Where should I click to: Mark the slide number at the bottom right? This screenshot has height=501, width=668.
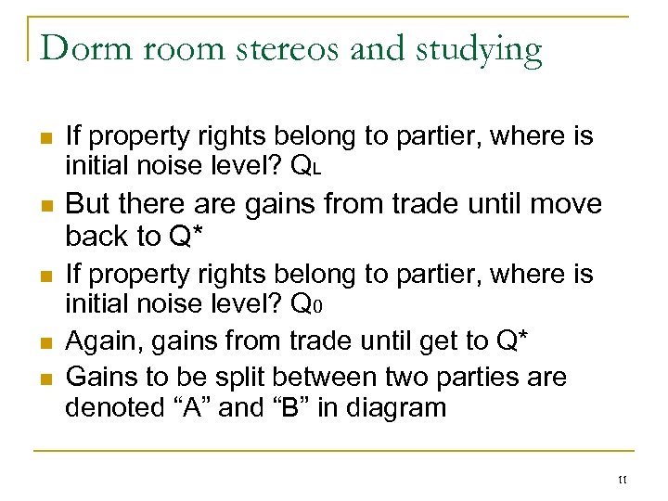621,479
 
